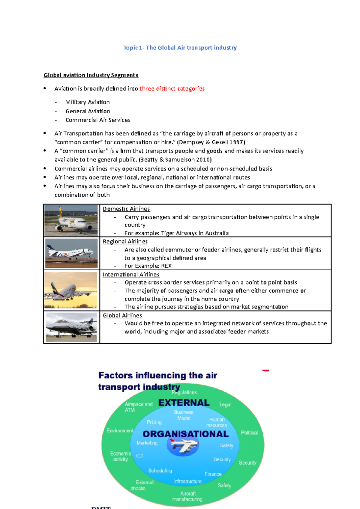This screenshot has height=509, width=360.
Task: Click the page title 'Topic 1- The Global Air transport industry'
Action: pos(180,48)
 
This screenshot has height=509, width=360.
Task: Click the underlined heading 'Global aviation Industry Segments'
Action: pos(91,75)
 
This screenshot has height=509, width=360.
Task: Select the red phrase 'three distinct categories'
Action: pos(172,89)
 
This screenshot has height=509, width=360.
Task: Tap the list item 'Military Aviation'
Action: pos(87,102)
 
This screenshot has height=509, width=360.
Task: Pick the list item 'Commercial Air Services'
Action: pos(97,120)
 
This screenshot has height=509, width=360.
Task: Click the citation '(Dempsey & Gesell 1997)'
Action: pos(211,142)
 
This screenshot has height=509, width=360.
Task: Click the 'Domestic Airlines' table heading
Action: pos(126,209)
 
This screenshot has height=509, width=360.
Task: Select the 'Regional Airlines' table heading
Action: pos(125,241)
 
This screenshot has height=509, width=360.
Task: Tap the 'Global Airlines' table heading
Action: pos(122,315)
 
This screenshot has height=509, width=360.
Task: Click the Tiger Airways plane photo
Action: pos(71,221)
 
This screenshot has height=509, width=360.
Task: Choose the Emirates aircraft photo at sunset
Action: pos(71,290)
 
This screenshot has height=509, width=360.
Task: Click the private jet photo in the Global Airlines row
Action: pos(71,327)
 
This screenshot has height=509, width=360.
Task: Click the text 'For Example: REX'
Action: pos(148,266)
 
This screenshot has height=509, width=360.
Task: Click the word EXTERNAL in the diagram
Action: pos(184,403)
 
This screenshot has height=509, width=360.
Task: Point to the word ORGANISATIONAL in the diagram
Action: pos(185,434)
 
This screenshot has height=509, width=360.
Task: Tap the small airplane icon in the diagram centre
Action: pos(183,445)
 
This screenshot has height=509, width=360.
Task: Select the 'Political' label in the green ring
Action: pos(249,433)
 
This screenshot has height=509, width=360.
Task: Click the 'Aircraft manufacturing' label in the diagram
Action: pos(187,496)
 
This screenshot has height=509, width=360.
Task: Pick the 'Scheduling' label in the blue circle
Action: pos(160,471)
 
